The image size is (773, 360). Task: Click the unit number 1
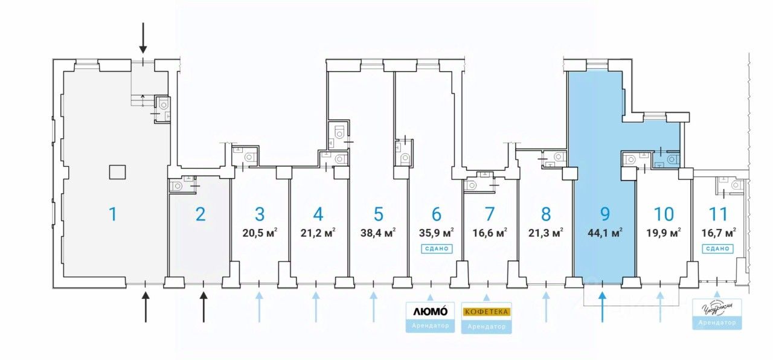(112, 213)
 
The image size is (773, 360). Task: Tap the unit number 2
(201, 213)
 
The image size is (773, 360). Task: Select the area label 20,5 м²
(260, 231)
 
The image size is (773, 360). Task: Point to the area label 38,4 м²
(378, 231)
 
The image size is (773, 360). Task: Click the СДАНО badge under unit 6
(437, 248)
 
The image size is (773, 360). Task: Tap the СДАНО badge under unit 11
(718, 248)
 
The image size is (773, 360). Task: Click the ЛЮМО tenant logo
(429, 312)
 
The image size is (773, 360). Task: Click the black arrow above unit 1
(143, 37)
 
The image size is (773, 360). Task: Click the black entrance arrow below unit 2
(204, 307)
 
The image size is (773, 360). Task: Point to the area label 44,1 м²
(605, 231)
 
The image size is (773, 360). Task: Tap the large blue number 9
(605, 213)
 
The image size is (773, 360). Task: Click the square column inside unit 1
(117, 172)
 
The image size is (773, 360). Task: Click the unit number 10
(664, 213)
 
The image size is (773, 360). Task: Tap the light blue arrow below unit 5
(374, 307)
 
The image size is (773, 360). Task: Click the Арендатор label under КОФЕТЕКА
(486, 326)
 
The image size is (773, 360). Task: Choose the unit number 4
(318, 213)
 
